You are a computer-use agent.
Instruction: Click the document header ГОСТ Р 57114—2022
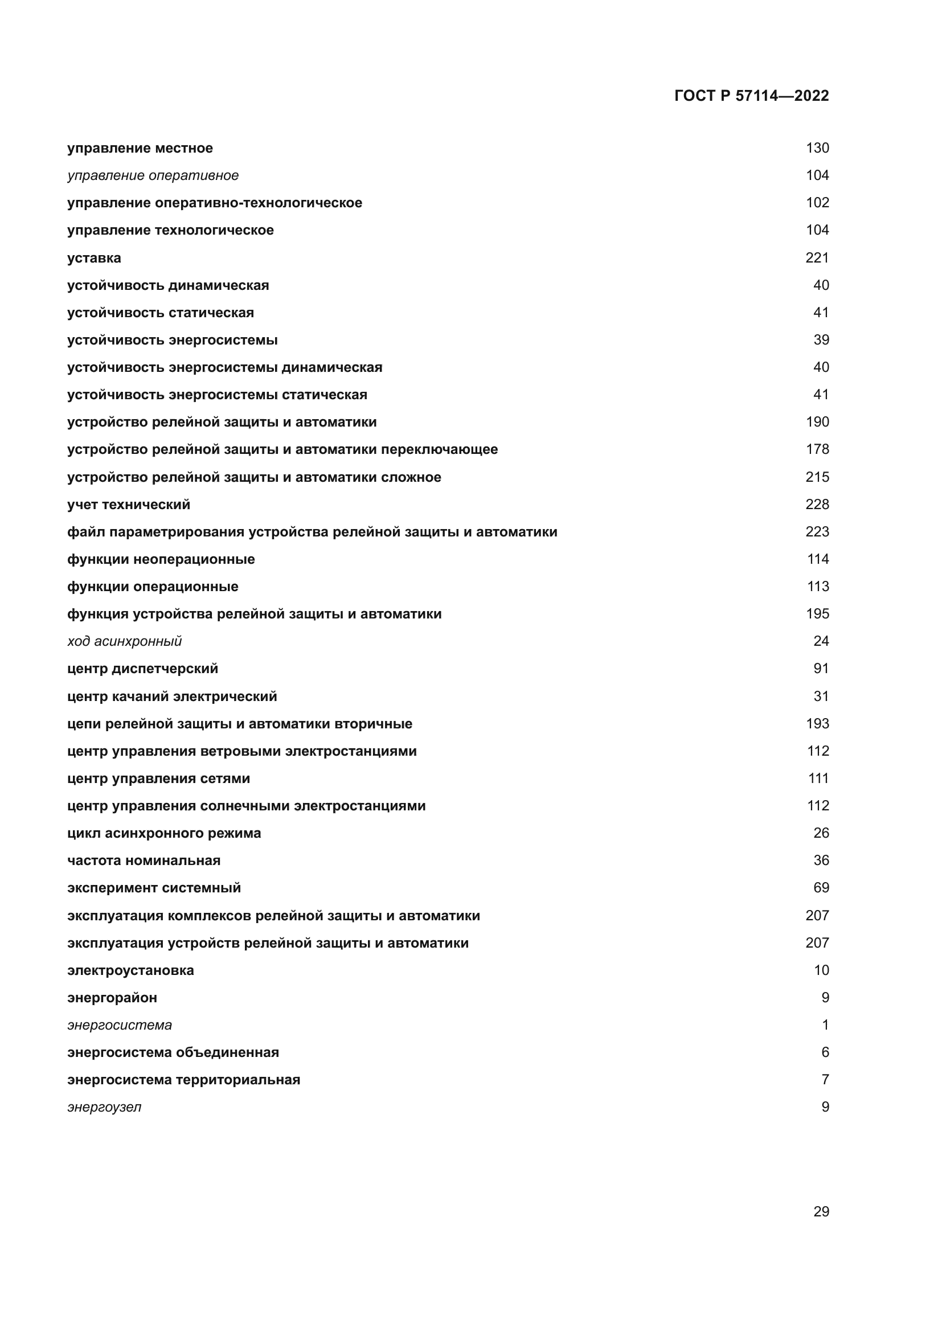click(x=751, y=96)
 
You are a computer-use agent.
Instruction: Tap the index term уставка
click(x=94, y=258)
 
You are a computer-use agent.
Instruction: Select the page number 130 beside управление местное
click(x=817, y=148)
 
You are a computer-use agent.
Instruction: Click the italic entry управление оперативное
click(x=153, y=175)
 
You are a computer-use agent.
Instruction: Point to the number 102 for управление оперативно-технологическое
click(x=817, y=203)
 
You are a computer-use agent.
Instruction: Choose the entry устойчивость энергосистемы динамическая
click(x=224, y=367)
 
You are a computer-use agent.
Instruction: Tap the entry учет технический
click(x=128, y=505)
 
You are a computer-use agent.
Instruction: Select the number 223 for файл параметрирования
click(x=817, y=531)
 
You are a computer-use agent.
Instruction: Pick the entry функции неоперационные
click(x=161, y=559)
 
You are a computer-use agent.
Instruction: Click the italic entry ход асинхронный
click(x=124, y=641)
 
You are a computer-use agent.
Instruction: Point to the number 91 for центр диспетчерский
click(x=821, y=669)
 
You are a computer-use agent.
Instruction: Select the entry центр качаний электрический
click(x=171, y=696)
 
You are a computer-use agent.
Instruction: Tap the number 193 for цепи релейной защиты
click(x=817, y=723)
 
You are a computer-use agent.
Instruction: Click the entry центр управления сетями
click(x=158, y=778)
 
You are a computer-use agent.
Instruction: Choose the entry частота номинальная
click(x=144, y=860)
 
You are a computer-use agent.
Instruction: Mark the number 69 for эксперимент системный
click(x=821, y=888)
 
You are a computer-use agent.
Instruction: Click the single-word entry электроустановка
click(x=130, y=970)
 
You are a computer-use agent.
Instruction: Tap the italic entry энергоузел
click(x=104, y=1107)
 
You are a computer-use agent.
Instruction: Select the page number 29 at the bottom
click(x=821, y=1211)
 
